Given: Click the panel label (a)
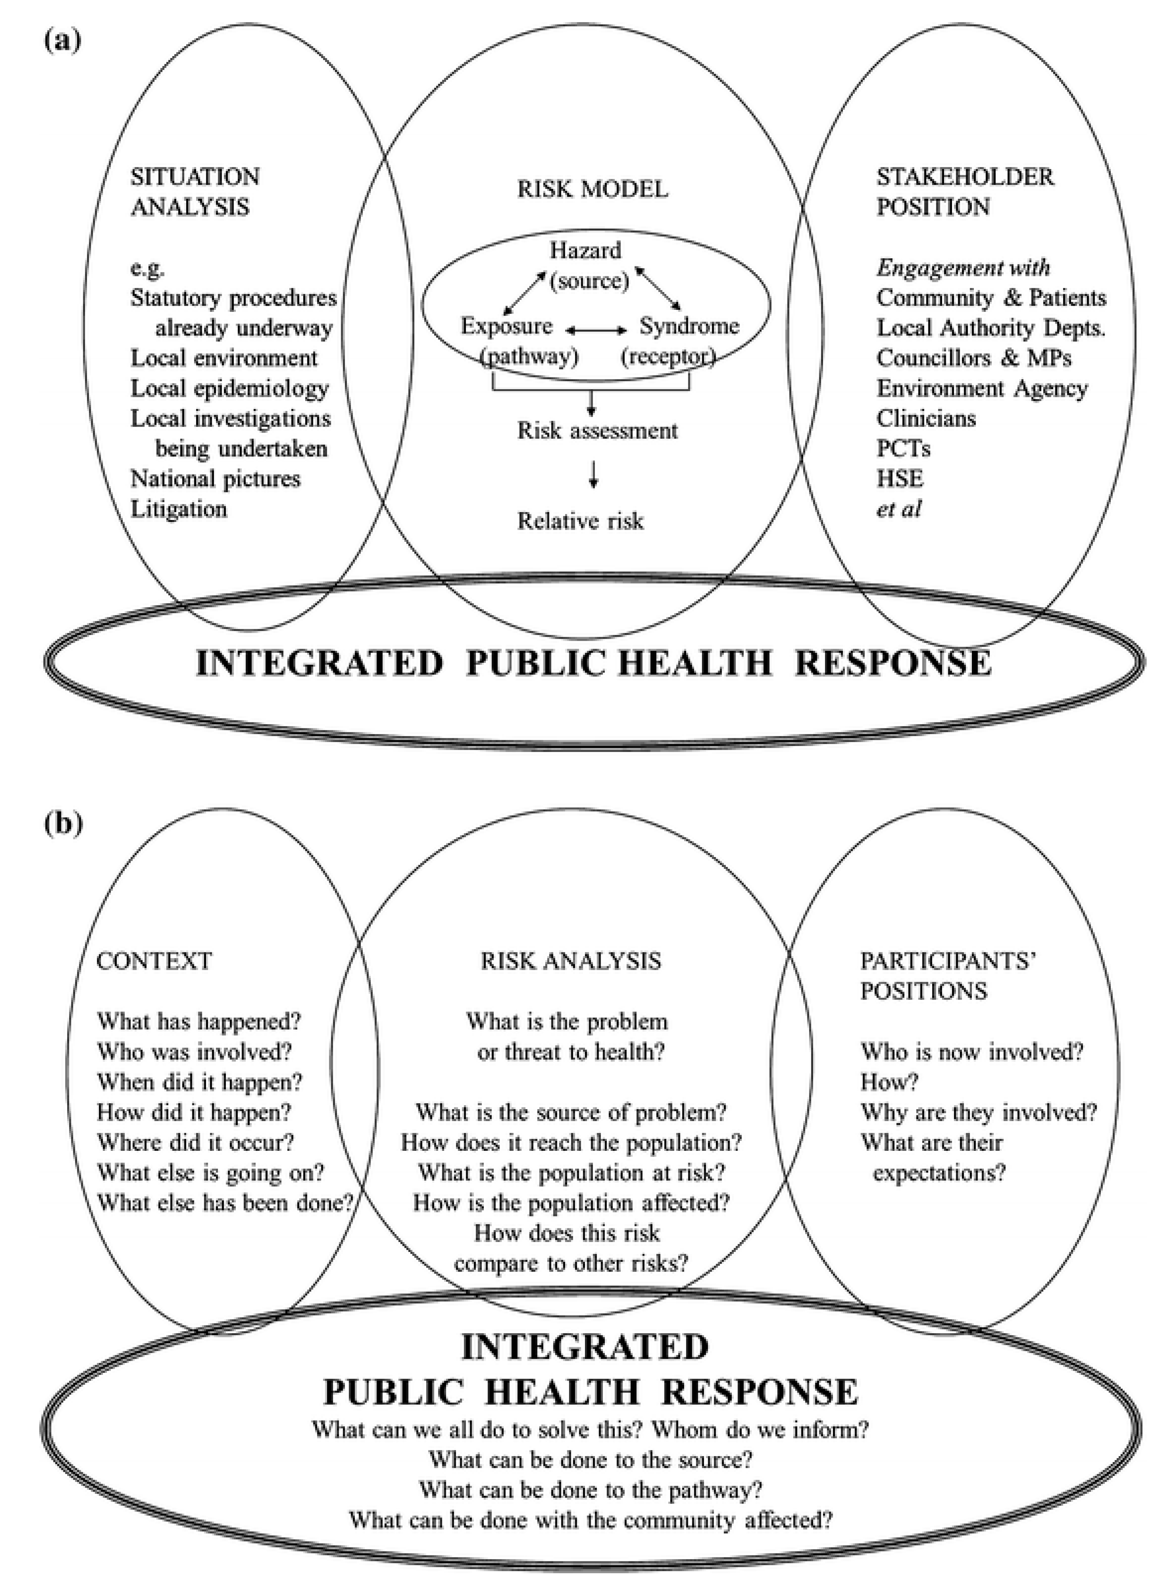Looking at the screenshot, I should point(62,40).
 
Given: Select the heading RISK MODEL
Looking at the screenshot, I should point(593,189).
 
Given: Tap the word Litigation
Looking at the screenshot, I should point(179,509).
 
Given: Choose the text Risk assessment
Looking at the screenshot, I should point(598,430).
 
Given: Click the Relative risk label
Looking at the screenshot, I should point(580,521).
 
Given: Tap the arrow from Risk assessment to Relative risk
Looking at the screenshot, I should point(594,474).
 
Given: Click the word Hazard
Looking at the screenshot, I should point(585,250).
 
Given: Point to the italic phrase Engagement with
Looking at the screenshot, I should point(963,267).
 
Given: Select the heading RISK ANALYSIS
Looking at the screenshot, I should point(570,961).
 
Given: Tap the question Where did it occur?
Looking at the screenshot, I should point(195,1142).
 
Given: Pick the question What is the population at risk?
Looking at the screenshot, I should point(571,1173).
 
